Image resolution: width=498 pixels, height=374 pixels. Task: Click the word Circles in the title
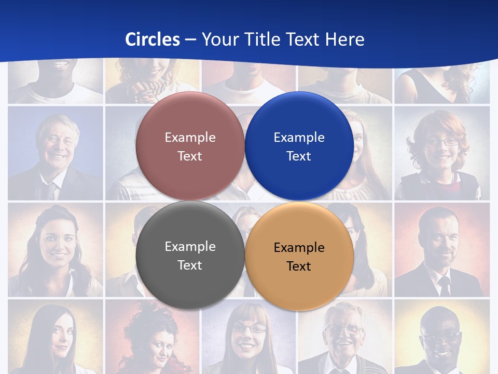tap(153, 39)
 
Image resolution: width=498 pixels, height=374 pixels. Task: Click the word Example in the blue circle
tap(299, 138)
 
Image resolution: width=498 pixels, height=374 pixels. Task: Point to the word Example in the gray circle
tap(190, 247)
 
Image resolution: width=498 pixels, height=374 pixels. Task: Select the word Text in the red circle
tap(190, 156)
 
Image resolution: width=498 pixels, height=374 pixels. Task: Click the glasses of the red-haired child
tap(442, 141)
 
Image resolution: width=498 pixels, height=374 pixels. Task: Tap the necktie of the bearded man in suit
tap(445, 286)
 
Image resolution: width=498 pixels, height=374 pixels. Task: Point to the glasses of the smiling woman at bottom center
tap(249, 328)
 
